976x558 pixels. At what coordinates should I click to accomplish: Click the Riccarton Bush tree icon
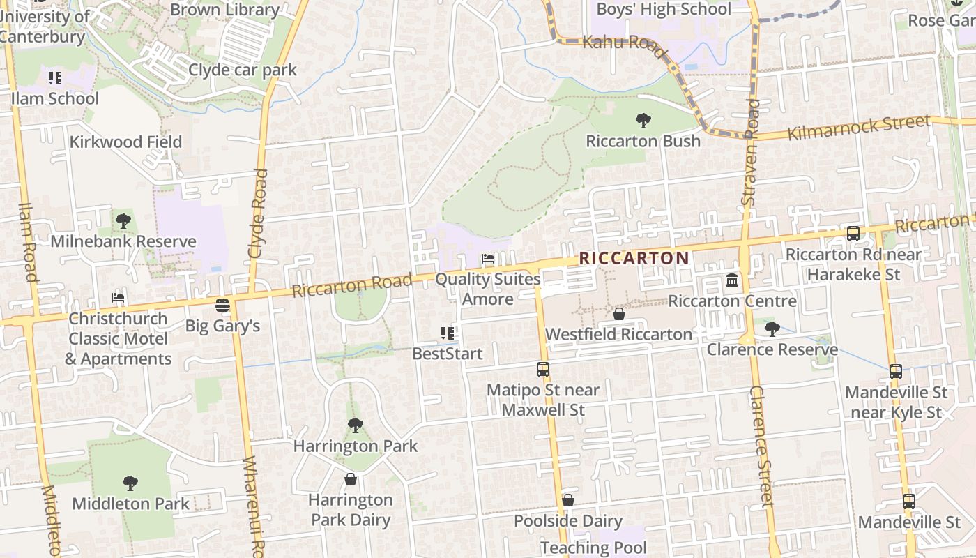tap(643, 121)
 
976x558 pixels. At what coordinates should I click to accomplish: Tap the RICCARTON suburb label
tap(634, 258)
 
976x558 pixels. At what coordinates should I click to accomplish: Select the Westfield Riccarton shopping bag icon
tap(618, 315)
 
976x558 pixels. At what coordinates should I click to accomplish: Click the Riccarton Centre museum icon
tap(732, 280)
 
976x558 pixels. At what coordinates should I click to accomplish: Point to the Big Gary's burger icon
tap(222, 306)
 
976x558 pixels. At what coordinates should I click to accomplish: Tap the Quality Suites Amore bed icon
tap(488, 259)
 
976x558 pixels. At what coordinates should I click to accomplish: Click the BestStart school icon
tap(447, 333)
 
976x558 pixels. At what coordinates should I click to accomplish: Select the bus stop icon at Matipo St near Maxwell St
tap(542, 370)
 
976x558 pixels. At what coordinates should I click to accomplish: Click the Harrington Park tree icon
tap(355, 425)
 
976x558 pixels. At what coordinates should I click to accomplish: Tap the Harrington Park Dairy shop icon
tap(350, 479)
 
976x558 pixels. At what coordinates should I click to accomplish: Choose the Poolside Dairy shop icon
tap(568, 500)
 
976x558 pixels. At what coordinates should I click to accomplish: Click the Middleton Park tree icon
tap(130, 483)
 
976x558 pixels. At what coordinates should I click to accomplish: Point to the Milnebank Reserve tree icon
tap(123, 221)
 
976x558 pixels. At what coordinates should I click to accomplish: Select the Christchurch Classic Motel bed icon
tap(118, 298)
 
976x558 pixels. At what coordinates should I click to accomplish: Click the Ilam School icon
tap(55, 77)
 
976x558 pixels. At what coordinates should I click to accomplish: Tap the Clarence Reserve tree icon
tap(772, 329)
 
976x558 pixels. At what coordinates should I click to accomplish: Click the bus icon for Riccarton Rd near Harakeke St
tap(853, 234)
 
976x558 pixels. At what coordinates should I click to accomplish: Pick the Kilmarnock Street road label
tap(859, 128)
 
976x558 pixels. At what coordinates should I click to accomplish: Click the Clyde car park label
tap(243, 70)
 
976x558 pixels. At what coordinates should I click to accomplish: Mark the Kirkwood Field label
tap(125, 142)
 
